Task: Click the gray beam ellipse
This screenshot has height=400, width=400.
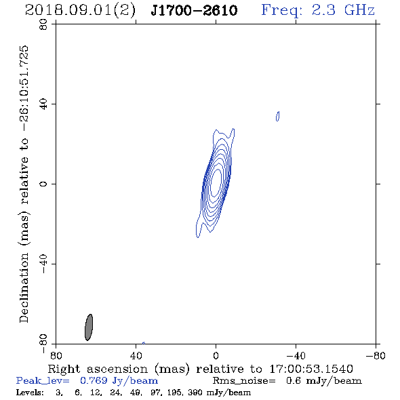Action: (89, 327)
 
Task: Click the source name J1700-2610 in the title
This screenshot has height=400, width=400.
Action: (194, 10)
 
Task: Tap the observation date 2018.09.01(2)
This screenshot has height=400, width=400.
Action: (80, 11)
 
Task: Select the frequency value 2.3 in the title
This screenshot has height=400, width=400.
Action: (323, 10)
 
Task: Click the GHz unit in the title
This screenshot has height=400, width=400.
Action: (359, 10)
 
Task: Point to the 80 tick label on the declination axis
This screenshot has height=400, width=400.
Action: (44, 24)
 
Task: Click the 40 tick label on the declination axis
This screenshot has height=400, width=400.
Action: (44, 104)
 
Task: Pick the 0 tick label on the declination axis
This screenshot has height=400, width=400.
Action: (44, 184)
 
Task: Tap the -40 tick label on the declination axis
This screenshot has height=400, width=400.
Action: (44, 264)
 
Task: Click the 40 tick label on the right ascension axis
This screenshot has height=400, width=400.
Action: (136, 356)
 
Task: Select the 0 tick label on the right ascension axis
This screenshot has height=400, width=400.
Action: (216, 356)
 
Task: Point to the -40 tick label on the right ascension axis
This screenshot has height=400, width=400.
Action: (296, 356)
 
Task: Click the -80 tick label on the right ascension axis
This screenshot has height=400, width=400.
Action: (376, 356)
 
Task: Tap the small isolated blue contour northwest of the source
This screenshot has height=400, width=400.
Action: (277, 116)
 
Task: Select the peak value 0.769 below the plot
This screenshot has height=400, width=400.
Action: (94, 380)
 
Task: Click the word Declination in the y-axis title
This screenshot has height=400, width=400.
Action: (24, 287)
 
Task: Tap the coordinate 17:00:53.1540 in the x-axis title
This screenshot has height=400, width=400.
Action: (311, 369)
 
